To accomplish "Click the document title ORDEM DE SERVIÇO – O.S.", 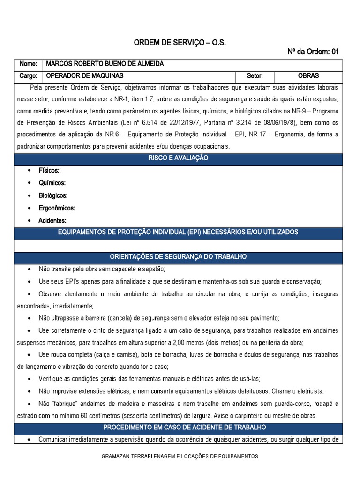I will [x=180, y=43].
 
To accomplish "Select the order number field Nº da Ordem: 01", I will [x=313, y=52].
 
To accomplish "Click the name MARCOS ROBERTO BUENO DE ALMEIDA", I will [x=104, y=64].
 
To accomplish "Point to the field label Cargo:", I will [x=28, y=75].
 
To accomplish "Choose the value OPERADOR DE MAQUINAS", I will [x=83, y=75].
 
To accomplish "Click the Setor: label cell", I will [x=255, y=75].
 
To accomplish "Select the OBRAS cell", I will [x=308, y=75].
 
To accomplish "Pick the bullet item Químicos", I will [x=52, y=183].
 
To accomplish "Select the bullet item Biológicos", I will [x=53, y=195].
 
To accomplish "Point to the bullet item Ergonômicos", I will [x=57, y=208].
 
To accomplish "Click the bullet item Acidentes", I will [x=52, y=220].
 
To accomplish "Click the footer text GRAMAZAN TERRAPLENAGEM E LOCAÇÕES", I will [x=180, y=456].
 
